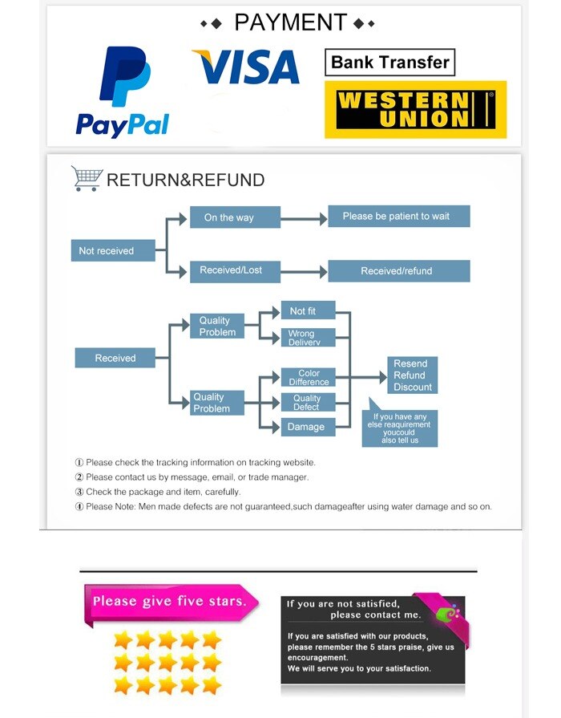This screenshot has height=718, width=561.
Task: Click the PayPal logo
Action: coord(123,91)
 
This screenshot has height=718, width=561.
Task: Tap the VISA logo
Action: coord(245,67)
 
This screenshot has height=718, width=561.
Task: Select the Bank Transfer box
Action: coord(389,63)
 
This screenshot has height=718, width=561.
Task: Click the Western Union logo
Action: coord(415,109)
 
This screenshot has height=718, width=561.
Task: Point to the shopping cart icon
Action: coord(86,178)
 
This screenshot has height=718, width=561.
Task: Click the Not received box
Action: coord(106,250)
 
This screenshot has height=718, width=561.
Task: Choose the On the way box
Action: coord(234,217)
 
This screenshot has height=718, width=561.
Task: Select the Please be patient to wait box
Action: coord(398,216)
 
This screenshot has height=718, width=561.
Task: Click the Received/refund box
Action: coord(398,271)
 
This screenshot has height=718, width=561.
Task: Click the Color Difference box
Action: coord(308,377)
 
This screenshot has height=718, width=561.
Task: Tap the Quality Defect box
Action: coord(305,402)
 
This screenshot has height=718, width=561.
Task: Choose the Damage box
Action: coord(305,427)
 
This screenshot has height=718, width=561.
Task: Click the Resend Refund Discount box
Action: coord(412,375)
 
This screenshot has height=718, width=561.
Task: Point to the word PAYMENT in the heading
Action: coord(290,22)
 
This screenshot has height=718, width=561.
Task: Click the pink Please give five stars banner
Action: coord(170,601)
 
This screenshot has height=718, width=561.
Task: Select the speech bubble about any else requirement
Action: coord(402,426)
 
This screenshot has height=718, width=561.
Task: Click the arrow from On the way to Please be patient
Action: coord(304,217)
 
